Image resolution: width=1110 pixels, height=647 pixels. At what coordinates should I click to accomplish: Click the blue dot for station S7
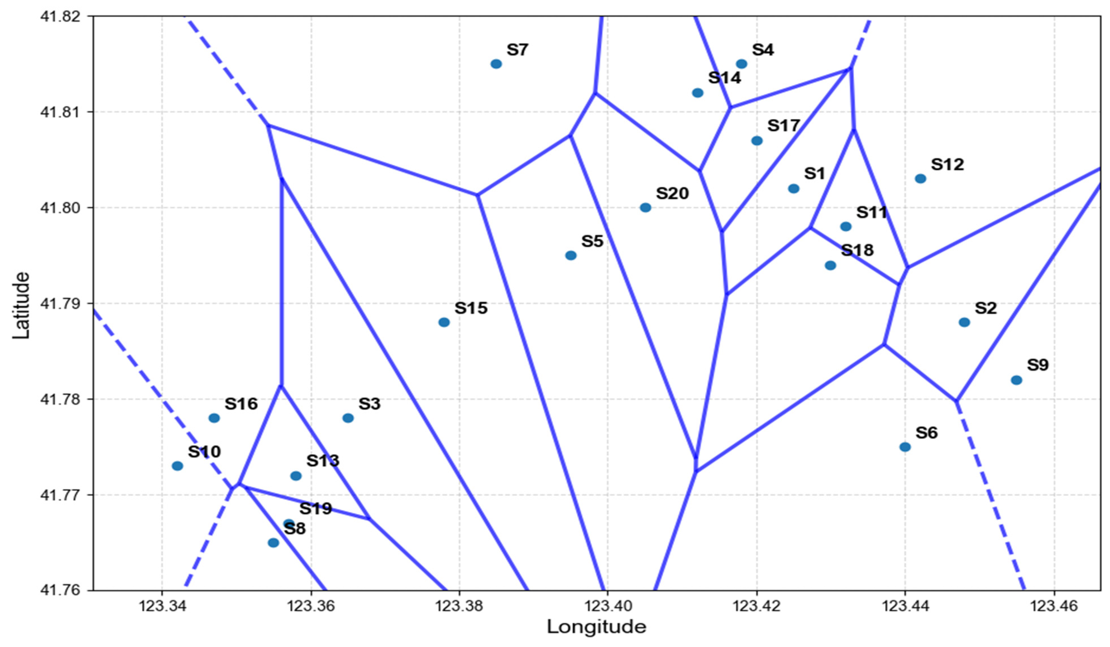(496, 64)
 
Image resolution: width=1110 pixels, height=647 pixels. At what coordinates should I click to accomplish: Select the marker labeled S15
(444, 322)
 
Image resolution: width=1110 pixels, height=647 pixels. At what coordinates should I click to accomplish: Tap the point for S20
(645, 207)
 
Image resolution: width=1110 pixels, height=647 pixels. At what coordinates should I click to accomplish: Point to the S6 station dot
(905, 447)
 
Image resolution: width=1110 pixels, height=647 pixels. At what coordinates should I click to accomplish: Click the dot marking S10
(178, 466)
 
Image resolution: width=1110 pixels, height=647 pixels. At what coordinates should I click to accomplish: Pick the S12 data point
(920, 178)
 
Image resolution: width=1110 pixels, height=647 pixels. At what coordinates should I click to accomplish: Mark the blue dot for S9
(1016, 380)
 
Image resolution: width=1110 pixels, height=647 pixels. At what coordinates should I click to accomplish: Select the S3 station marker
(348, 418)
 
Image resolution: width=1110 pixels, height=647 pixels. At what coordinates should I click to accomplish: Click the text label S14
(724, 78)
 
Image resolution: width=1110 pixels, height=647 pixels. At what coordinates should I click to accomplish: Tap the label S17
(784, 126)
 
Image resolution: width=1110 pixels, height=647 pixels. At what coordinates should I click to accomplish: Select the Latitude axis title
(21, 305)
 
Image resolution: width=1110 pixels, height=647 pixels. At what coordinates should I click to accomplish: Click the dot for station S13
(296, 476)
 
